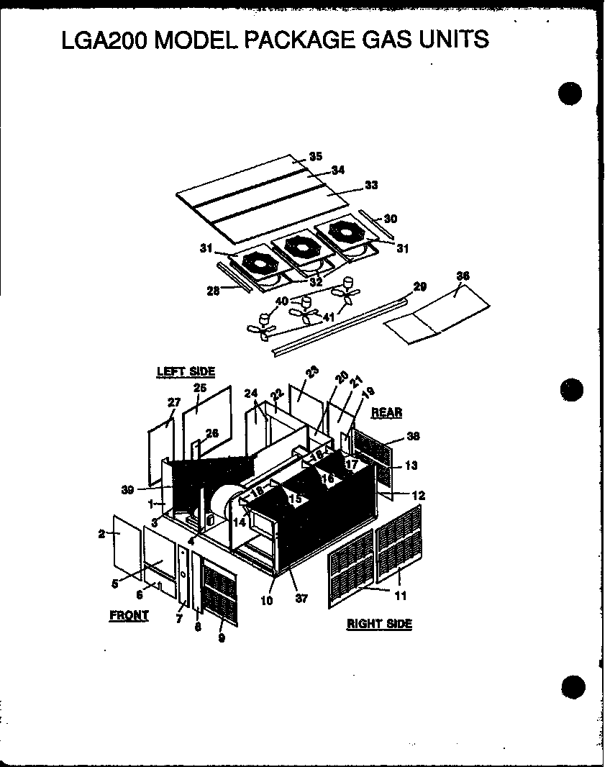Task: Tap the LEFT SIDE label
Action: coord(186,371)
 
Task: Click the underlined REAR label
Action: coord(386,412)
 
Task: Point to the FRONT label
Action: coord(129,615)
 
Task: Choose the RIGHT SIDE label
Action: coord(379,624)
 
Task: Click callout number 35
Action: coord(315,156)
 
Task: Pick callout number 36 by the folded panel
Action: coord(463,276)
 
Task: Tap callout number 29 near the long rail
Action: coord(419,286)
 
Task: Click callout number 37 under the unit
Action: coord(301,598)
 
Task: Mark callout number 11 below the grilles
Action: coord(400,595)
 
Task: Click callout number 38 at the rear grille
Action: coord(413,436)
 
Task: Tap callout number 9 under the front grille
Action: coord(221,637)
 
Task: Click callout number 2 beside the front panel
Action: coord(101,533)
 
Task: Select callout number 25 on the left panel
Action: coord(200,388)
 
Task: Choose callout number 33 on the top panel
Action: coord(370,185)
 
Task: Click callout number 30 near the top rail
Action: coord(390,219)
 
